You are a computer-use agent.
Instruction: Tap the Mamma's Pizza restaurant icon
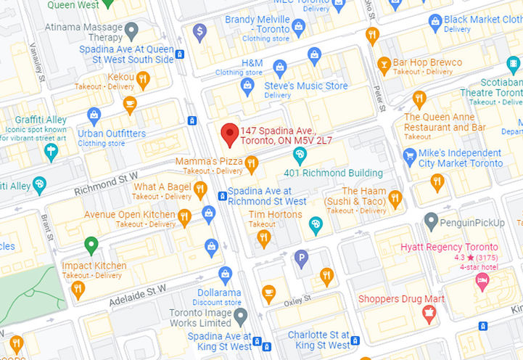pyautogui.click(x=252, y=165)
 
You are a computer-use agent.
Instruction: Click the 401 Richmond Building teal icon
pyautogui.click(x=300, y=155)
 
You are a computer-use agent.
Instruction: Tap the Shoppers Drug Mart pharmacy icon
pyautogui.click(x=428, y=313)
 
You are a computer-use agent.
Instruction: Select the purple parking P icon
pyautogui.click(x=301, y=255)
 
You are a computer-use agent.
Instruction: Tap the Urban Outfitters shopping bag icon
pyautogui.click(x=94, y=115)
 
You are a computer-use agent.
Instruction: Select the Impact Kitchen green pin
pyautogui.click(x=91, y=245)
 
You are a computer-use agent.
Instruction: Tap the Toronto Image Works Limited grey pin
pyautogui.click(x=241, y=315)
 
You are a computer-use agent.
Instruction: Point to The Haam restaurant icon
pyautogui.click(x=395, y=197)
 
